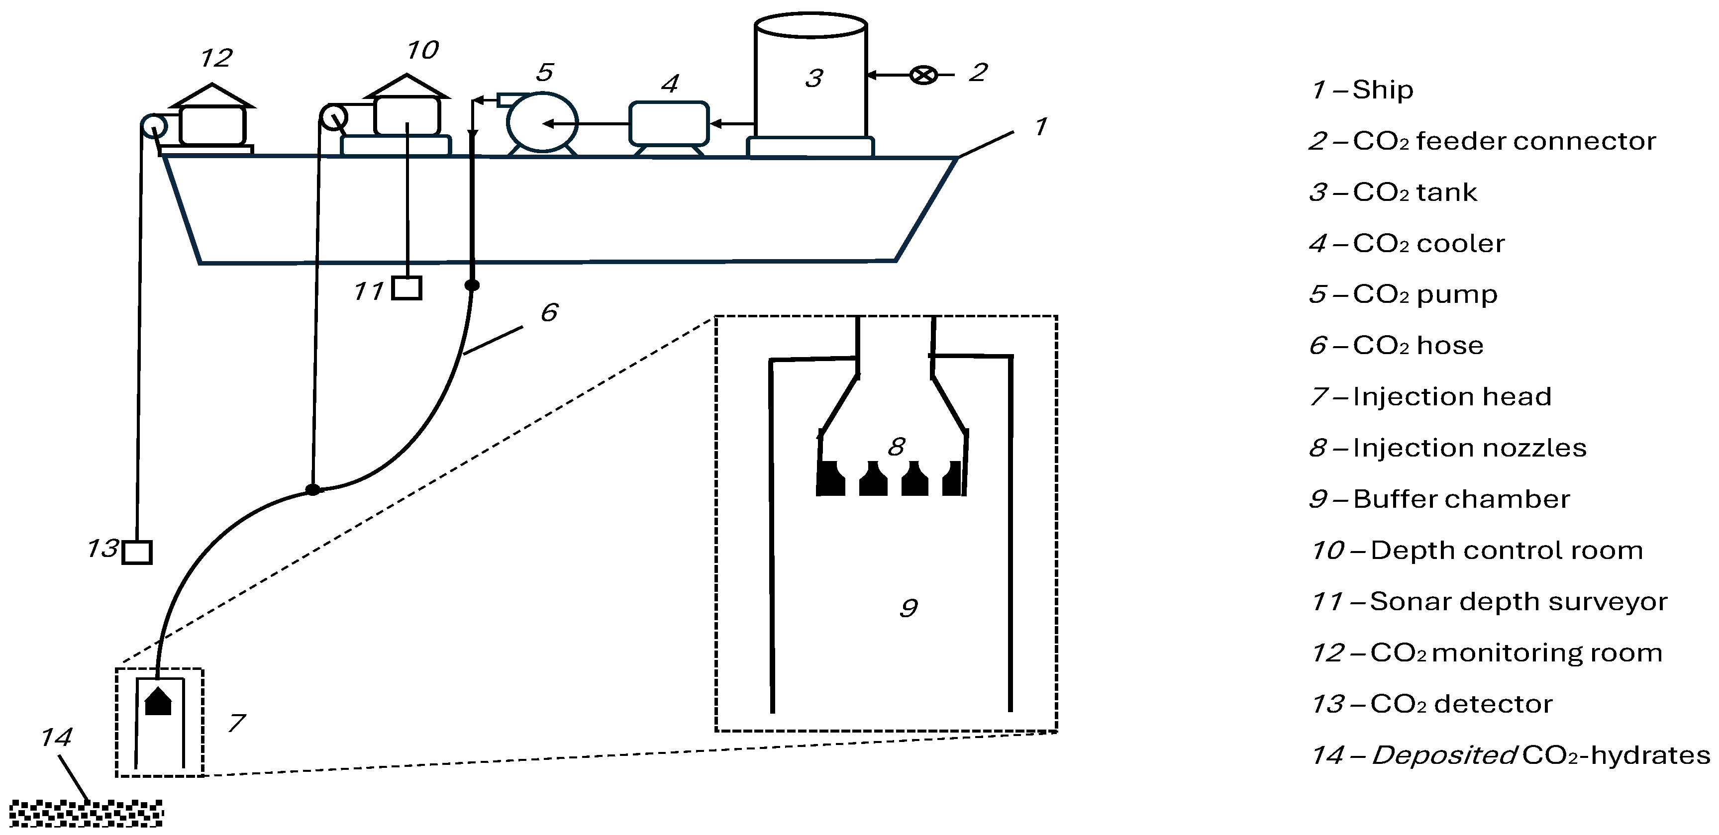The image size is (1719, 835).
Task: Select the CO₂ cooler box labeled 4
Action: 669,123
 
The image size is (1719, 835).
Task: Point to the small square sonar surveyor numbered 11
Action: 406,288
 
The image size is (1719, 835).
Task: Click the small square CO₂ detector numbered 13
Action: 137,552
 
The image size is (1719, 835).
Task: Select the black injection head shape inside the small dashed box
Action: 158,702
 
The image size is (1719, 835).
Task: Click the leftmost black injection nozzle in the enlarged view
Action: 831,479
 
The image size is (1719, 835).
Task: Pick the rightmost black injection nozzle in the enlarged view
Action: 953,479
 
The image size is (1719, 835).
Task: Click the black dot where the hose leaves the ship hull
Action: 472,285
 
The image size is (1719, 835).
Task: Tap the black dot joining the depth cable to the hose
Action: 313,489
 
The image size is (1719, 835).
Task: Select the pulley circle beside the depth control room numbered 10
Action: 334,118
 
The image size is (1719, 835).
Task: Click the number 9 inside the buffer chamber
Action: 908,608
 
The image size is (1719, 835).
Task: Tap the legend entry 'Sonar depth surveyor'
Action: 1518,602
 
